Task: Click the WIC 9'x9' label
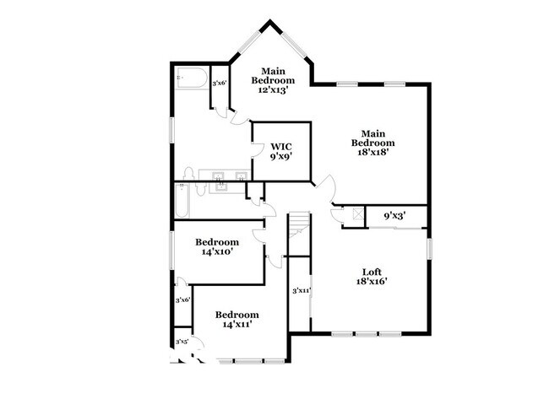(280, 151)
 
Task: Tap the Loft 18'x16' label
(372, 277)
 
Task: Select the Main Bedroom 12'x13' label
(273, 80)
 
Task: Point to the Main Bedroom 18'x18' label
(372, 143)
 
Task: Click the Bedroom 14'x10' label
(217, 246)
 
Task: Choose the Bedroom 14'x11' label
(237, 319)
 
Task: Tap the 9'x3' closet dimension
(395, 216)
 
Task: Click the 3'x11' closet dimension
(302, 290)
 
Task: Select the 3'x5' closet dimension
(182, 342)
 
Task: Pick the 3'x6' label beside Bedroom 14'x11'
(182, 299)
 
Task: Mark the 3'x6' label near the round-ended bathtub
(220, 83)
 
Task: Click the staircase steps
(299, 224)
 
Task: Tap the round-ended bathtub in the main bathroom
(191, 78)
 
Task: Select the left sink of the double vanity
(219, 175)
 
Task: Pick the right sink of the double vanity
(242, 175)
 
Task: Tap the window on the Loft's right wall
(429, 249)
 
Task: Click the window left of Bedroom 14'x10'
(171, 251)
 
